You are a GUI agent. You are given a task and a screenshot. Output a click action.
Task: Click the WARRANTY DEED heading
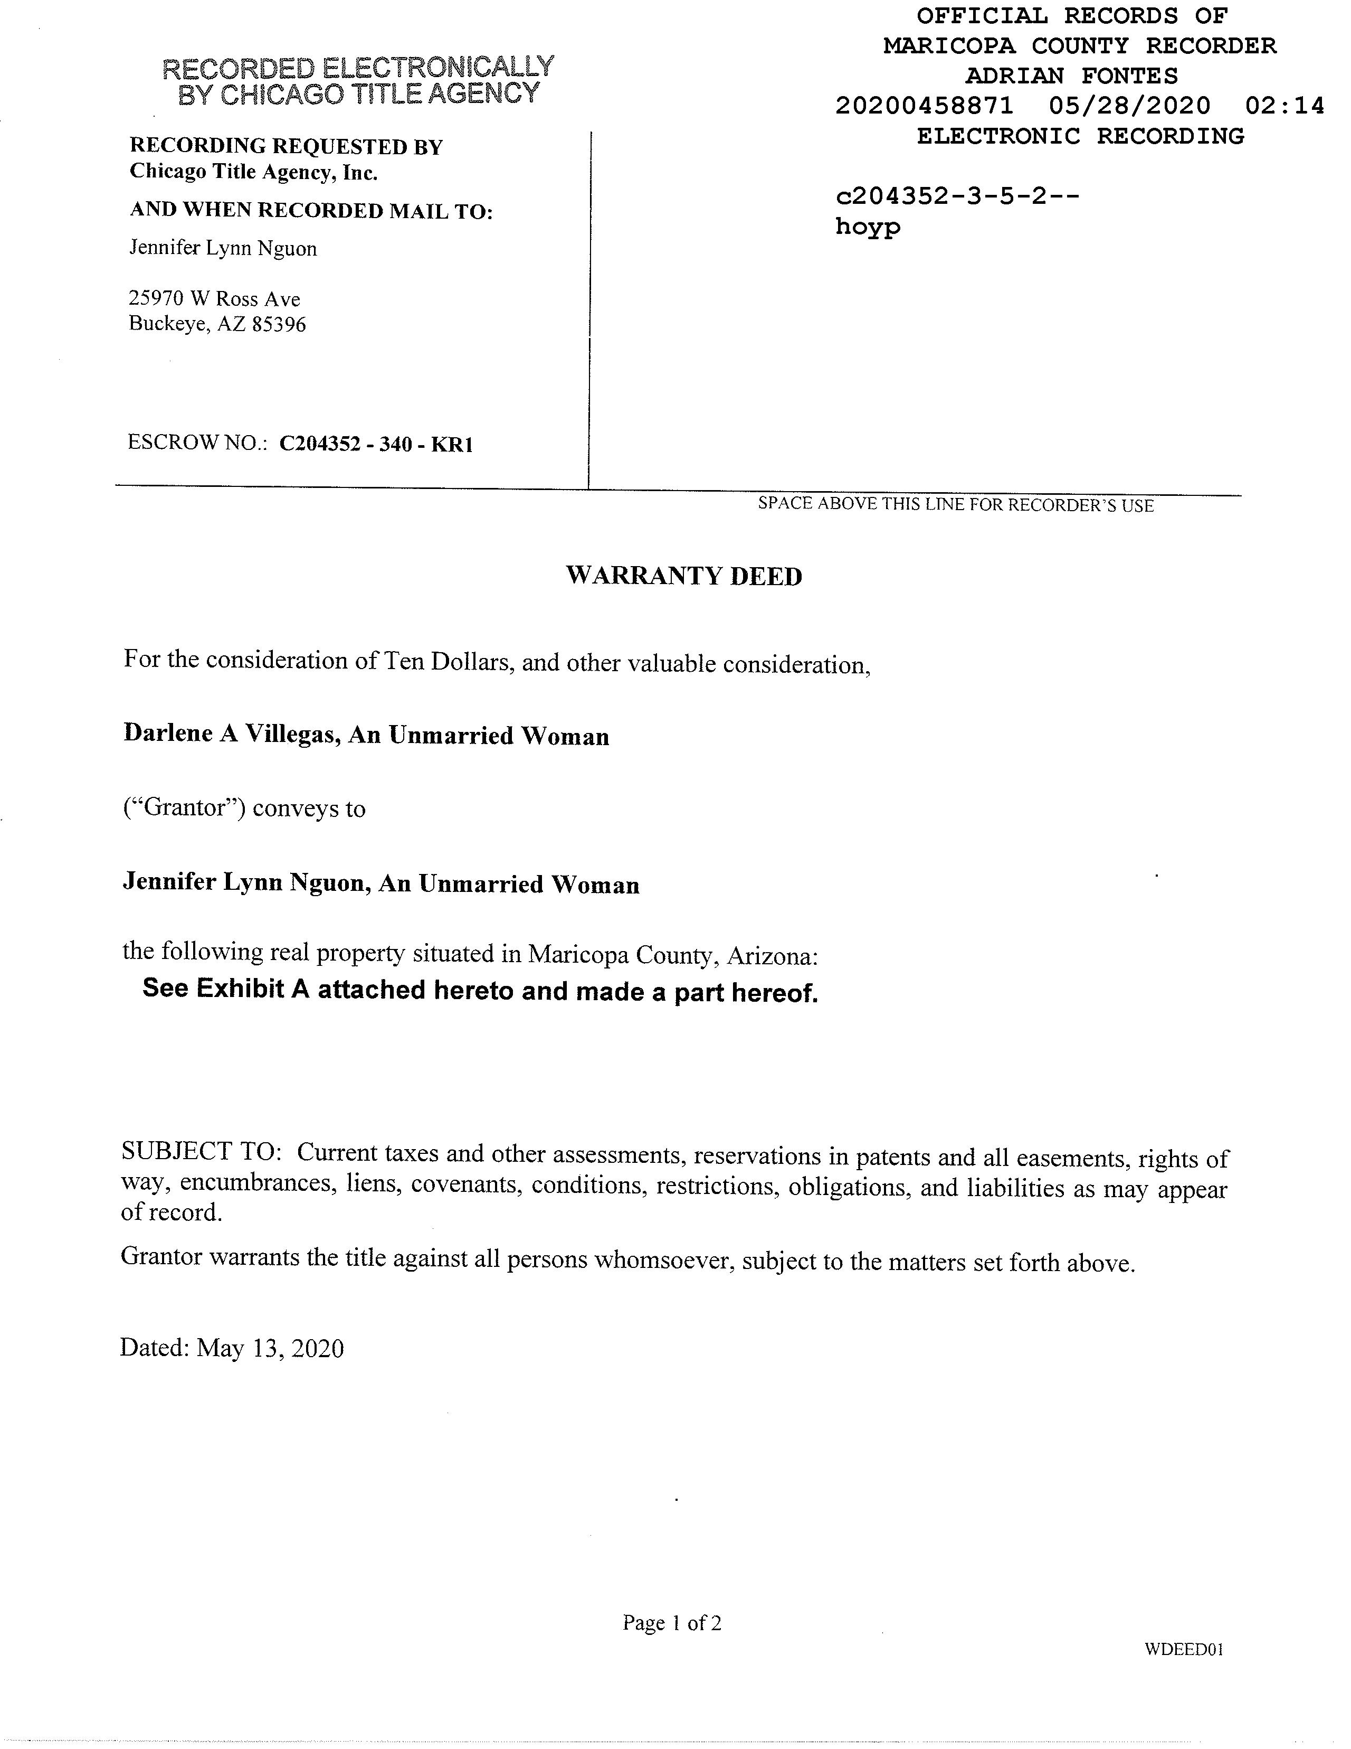683,576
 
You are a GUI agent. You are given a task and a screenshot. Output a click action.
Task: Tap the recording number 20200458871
924,106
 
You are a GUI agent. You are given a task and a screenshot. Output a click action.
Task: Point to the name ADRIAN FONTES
1072,76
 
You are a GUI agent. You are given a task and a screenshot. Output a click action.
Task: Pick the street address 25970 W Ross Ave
214,299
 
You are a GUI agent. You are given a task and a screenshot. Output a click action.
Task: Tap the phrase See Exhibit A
226,989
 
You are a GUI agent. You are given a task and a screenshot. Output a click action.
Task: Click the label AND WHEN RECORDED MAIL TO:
311,211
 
